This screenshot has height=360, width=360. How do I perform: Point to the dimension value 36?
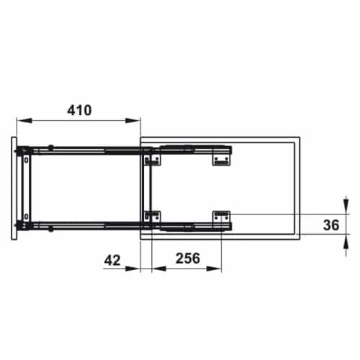tap(330, 225)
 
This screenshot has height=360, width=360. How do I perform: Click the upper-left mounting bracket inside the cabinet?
tap(153, 158)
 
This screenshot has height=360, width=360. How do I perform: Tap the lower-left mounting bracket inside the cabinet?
tap(153, 216)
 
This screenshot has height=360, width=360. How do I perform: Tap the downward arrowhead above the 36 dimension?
tap(342, 207)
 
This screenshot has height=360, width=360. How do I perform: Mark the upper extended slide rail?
tap(86, 150)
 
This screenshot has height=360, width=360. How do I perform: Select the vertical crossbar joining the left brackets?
tap(148, 187)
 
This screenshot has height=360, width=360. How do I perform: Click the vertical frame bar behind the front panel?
tap(27, 187)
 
